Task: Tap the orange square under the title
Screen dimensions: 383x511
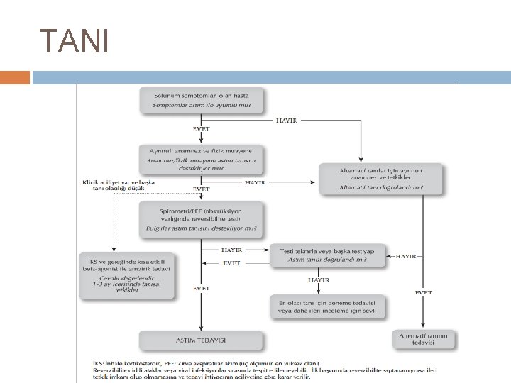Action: (x=15, y=77)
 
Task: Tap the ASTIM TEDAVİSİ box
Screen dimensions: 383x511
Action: (x=202, y=340)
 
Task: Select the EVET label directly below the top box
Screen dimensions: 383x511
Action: (x=202, y=129)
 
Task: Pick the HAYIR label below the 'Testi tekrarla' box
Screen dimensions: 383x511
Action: (x=319, y=280)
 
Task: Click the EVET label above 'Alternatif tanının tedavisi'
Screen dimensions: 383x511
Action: (x=424, y=292)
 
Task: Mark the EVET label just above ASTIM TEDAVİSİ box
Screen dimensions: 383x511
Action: (x=202, y=289)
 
